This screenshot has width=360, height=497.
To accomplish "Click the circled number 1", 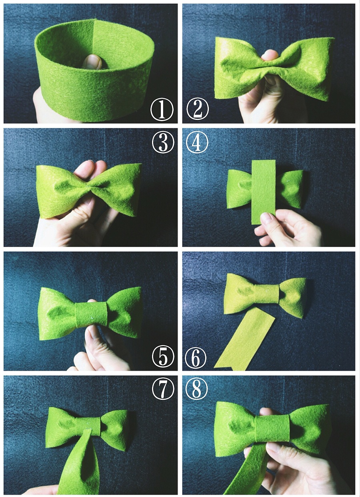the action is coord(162,110).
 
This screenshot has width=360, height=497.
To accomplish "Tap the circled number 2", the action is coord(198,109).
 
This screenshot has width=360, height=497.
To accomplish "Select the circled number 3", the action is coord(163,142).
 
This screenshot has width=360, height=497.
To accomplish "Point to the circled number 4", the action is coord(197,142).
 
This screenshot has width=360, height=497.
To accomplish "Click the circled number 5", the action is coord(163,357).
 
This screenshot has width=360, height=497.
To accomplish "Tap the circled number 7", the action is coord(163,390).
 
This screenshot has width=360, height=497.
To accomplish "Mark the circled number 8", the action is coord(196,390).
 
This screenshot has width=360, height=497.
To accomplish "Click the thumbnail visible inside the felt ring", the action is coord(93,62).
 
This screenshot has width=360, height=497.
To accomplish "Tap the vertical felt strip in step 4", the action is coord(264,192).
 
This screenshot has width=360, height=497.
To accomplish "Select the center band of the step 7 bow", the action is coord(88,423).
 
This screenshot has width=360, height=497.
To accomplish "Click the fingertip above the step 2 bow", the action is coord(270,55).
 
